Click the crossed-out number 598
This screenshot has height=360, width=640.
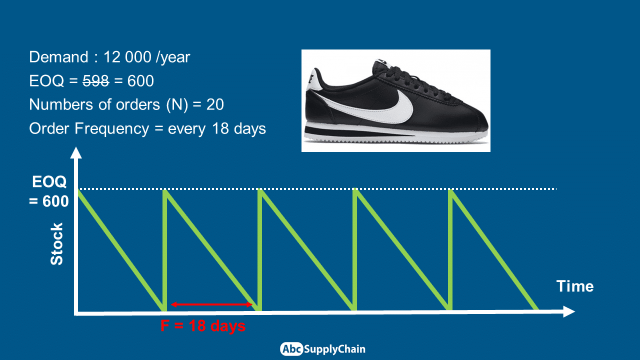point(95,81)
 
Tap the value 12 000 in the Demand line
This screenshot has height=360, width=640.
point(127,57)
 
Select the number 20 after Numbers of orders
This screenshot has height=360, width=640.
point(215,104)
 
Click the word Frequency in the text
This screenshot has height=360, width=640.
point(112,129)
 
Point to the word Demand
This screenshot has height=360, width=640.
point(58,57)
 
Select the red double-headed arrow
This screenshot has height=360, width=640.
point(211,304)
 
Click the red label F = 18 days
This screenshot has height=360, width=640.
point(203,325)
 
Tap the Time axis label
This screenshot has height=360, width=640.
point(575,286)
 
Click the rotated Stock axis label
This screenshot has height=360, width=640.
point(56,244)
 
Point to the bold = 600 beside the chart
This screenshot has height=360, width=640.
point(49,201)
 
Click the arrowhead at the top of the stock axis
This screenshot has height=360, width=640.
point(76,152)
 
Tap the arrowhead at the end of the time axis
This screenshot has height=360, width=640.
point(569,311)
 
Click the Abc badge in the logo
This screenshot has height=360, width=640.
point(291,349)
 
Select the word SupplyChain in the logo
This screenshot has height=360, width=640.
point(334,349)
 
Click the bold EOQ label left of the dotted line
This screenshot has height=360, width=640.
point(49,181)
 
